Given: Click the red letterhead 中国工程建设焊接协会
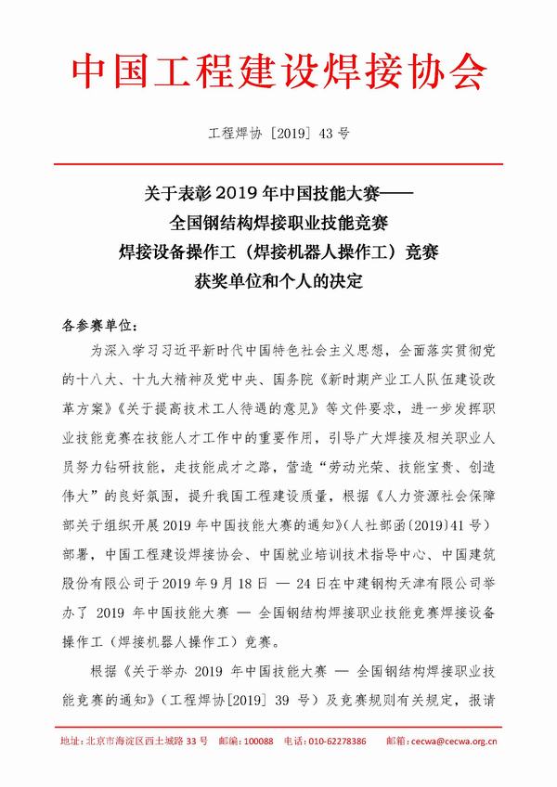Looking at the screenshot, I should (x=278, y=71).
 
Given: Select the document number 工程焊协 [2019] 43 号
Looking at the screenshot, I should (x=278, y=134).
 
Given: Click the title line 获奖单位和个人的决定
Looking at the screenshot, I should (x=278, y=277).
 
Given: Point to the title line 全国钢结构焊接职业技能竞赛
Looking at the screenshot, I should (x=278, y=224).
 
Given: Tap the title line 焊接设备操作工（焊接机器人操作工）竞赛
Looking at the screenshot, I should (x=278, y=251).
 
